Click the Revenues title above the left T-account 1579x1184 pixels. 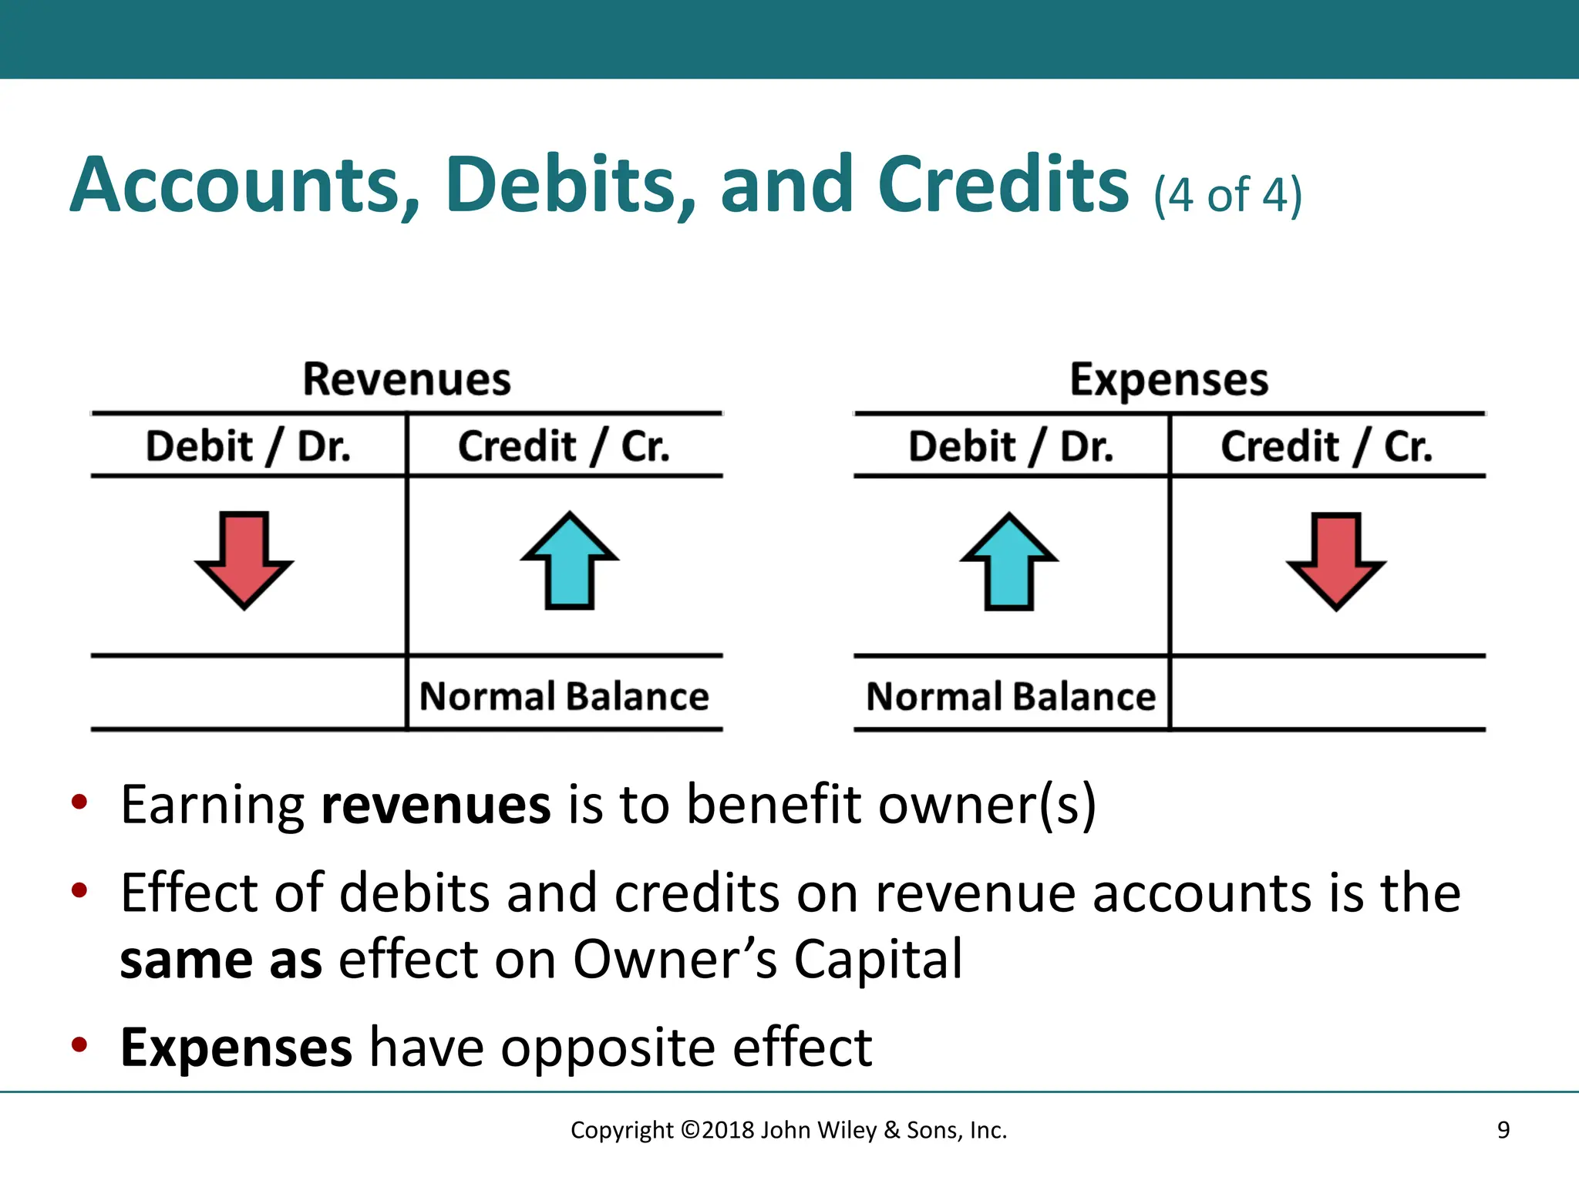click(406, 379)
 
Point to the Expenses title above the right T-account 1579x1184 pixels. click(1169, 379)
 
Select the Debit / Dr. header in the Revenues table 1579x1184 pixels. click(248, 446)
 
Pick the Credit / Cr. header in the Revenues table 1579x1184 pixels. click(564, 446)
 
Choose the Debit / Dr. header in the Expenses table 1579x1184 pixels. click(1011, 446)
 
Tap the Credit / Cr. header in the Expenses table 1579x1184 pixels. click(1326, 446)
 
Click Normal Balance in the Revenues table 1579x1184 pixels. click(564, 696)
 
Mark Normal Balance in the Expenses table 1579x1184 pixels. click(1011, 696)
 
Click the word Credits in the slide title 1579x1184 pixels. click(1003, 185)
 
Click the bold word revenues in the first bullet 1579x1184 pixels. click(436, 805)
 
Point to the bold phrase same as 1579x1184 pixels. click(221, 960)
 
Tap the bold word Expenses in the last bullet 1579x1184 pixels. click(236, 1048)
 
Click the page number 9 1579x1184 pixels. click(1503, 1130)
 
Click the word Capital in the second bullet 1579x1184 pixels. click(878, 960)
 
